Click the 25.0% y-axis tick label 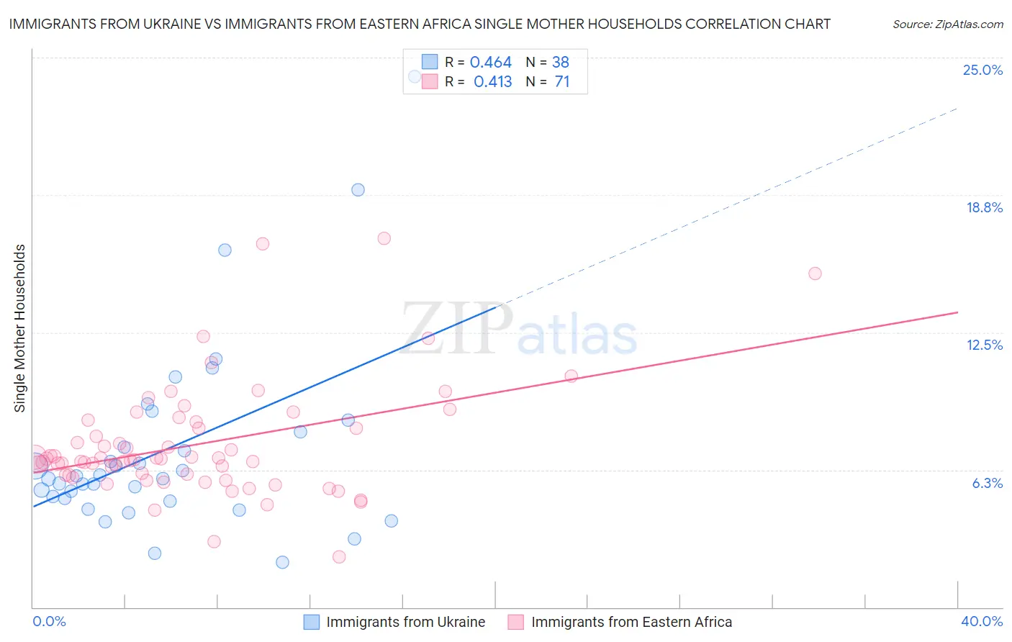pos(982,70)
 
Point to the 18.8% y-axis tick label pos(984,207)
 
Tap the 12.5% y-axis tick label pos(984,345)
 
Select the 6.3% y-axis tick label pos(987,483)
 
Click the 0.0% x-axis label pos(49,621)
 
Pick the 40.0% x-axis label pos(981,621)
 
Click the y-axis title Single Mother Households pos(20,328)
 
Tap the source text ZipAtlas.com pos(947,24)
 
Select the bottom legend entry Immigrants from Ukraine pos(405,622)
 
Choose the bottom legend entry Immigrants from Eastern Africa pos(631,622)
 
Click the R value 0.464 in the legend pos(490,63)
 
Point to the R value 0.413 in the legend pos(492,82)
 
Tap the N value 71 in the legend pos(561,82)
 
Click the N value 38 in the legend pos(560,63)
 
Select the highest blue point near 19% pos(358,190)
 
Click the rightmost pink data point pos(815,273)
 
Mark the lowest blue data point pos(282,562)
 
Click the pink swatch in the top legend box pos(430,81)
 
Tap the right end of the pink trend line pos(957,312)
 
